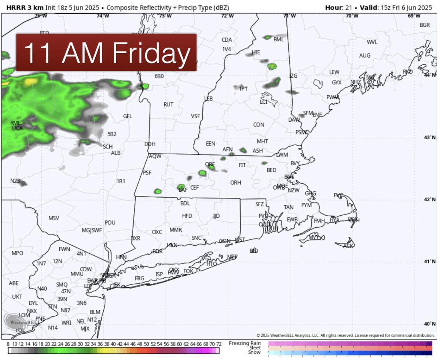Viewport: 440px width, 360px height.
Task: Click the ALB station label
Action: (x=115, y=153)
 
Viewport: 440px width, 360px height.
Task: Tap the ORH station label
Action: (x=235, y=183)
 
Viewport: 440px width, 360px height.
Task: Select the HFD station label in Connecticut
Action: (x=187, y=216)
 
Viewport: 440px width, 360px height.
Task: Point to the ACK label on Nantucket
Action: (x=348, y=246)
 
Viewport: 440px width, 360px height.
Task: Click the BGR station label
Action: (x=425, y=25)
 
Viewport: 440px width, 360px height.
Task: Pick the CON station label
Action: (x=258, y=125)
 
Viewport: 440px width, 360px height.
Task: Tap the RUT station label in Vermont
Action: (x=168, y=104)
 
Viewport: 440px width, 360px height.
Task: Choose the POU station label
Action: (x=110, y=223)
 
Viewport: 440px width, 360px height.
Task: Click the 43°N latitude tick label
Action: (x=429, y=137)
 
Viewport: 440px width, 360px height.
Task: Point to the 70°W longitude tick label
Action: (x=352, y=16)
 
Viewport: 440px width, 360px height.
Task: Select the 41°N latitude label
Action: (x=429, y=261)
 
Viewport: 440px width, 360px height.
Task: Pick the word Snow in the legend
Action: (x=254, y=352)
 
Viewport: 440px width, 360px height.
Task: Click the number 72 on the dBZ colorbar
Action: (x=219, y=344)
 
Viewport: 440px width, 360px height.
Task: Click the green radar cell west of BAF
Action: (x=158, y=191)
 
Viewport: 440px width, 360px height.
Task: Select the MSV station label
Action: (x=54, y=218)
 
